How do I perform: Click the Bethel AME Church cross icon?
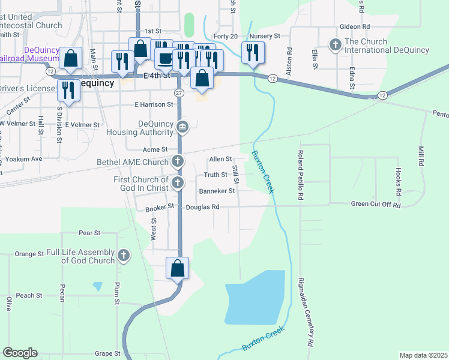coord(178,161)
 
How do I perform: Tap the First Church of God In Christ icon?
coord(178,182)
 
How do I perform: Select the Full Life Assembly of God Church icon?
coord(124,256)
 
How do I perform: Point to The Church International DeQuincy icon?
coord(335,44)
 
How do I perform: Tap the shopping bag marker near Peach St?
coord(178,268)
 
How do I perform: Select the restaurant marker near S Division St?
coord(69,90)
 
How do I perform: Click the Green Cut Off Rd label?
coord(375,205)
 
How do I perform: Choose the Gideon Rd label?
coord(354,27)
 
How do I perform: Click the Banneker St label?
coord(217,191)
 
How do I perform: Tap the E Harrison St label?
coord(153,104)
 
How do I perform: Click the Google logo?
coord(20,353)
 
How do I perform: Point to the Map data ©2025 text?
coord(423,355)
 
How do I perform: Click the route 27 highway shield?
coord(179,92)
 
